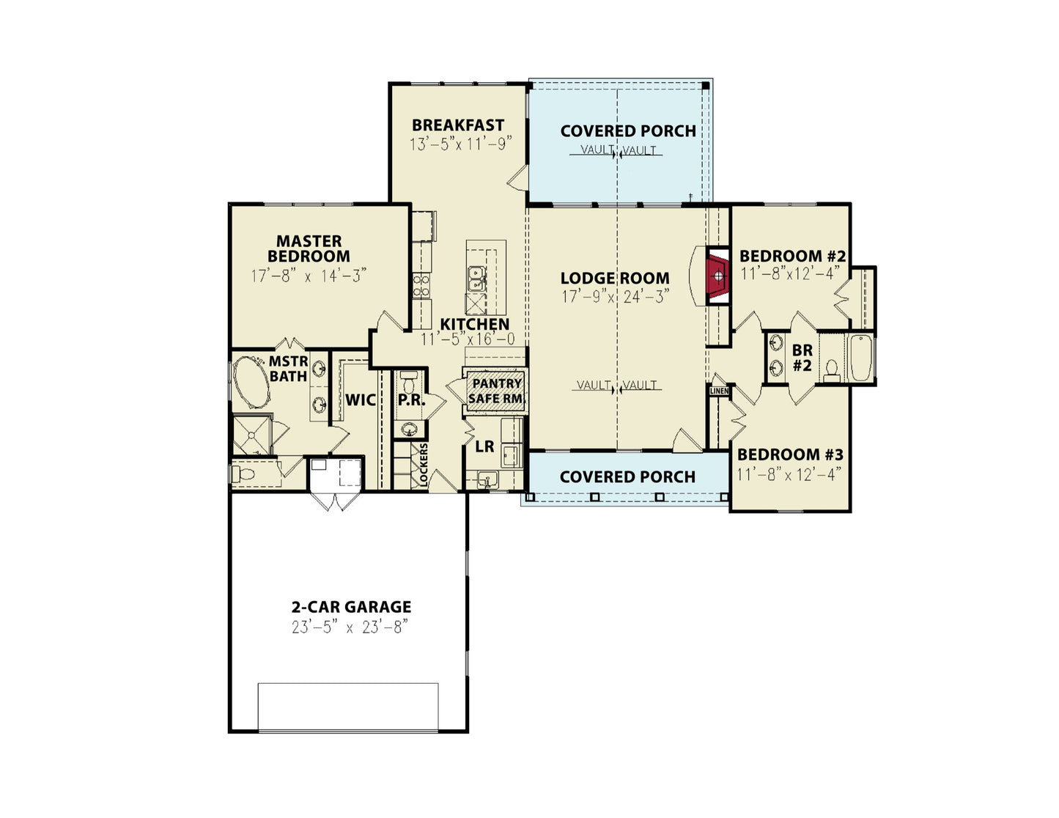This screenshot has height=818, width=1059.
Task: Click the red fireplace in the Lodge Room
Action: [718, 276]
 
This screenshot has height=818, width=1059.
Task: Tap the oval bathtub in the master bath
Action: [251, 383]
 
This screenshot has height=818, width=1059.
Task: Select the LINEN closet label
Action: [719, 391]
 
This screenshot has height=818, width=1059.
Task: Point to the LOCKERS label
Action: [423, 464]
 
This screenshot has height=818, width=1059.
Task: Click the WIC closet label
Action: [360, 400]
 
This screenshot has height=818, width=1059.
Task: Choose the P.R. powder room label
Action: [412, 400]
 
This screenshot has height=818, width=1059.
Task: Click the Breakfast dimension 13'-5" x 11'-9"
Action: [460, 144]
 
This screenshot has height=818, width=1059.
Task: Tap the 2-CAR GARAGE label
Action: [351, 607]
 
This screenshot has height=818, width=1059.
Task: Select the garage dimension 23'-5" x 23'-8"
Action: [349, 627]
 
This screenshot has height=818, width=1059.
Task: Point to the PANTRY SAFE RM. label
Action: [495, 391]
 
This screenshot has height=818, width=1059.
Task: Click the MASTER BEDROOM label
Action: [309, 248]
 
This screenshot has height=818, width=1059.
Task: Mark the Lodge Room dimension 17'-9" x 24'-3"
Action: [615, 296]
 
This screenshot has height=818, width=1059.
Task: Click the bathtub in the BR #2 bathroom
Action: [861, 358]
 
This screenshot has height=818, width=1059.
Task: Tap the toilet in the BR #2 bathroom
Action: [832, 371]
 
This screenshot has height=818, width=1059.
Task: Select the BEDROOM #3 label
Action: [789, 454]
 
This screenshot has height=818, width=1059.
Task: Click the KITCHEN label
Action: [475, 324]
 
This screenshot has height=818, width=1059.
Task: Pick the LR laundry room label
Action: [484, 446]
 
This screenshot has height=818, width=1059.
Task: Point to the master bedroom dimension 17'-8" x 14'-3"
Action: [309, 276]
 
